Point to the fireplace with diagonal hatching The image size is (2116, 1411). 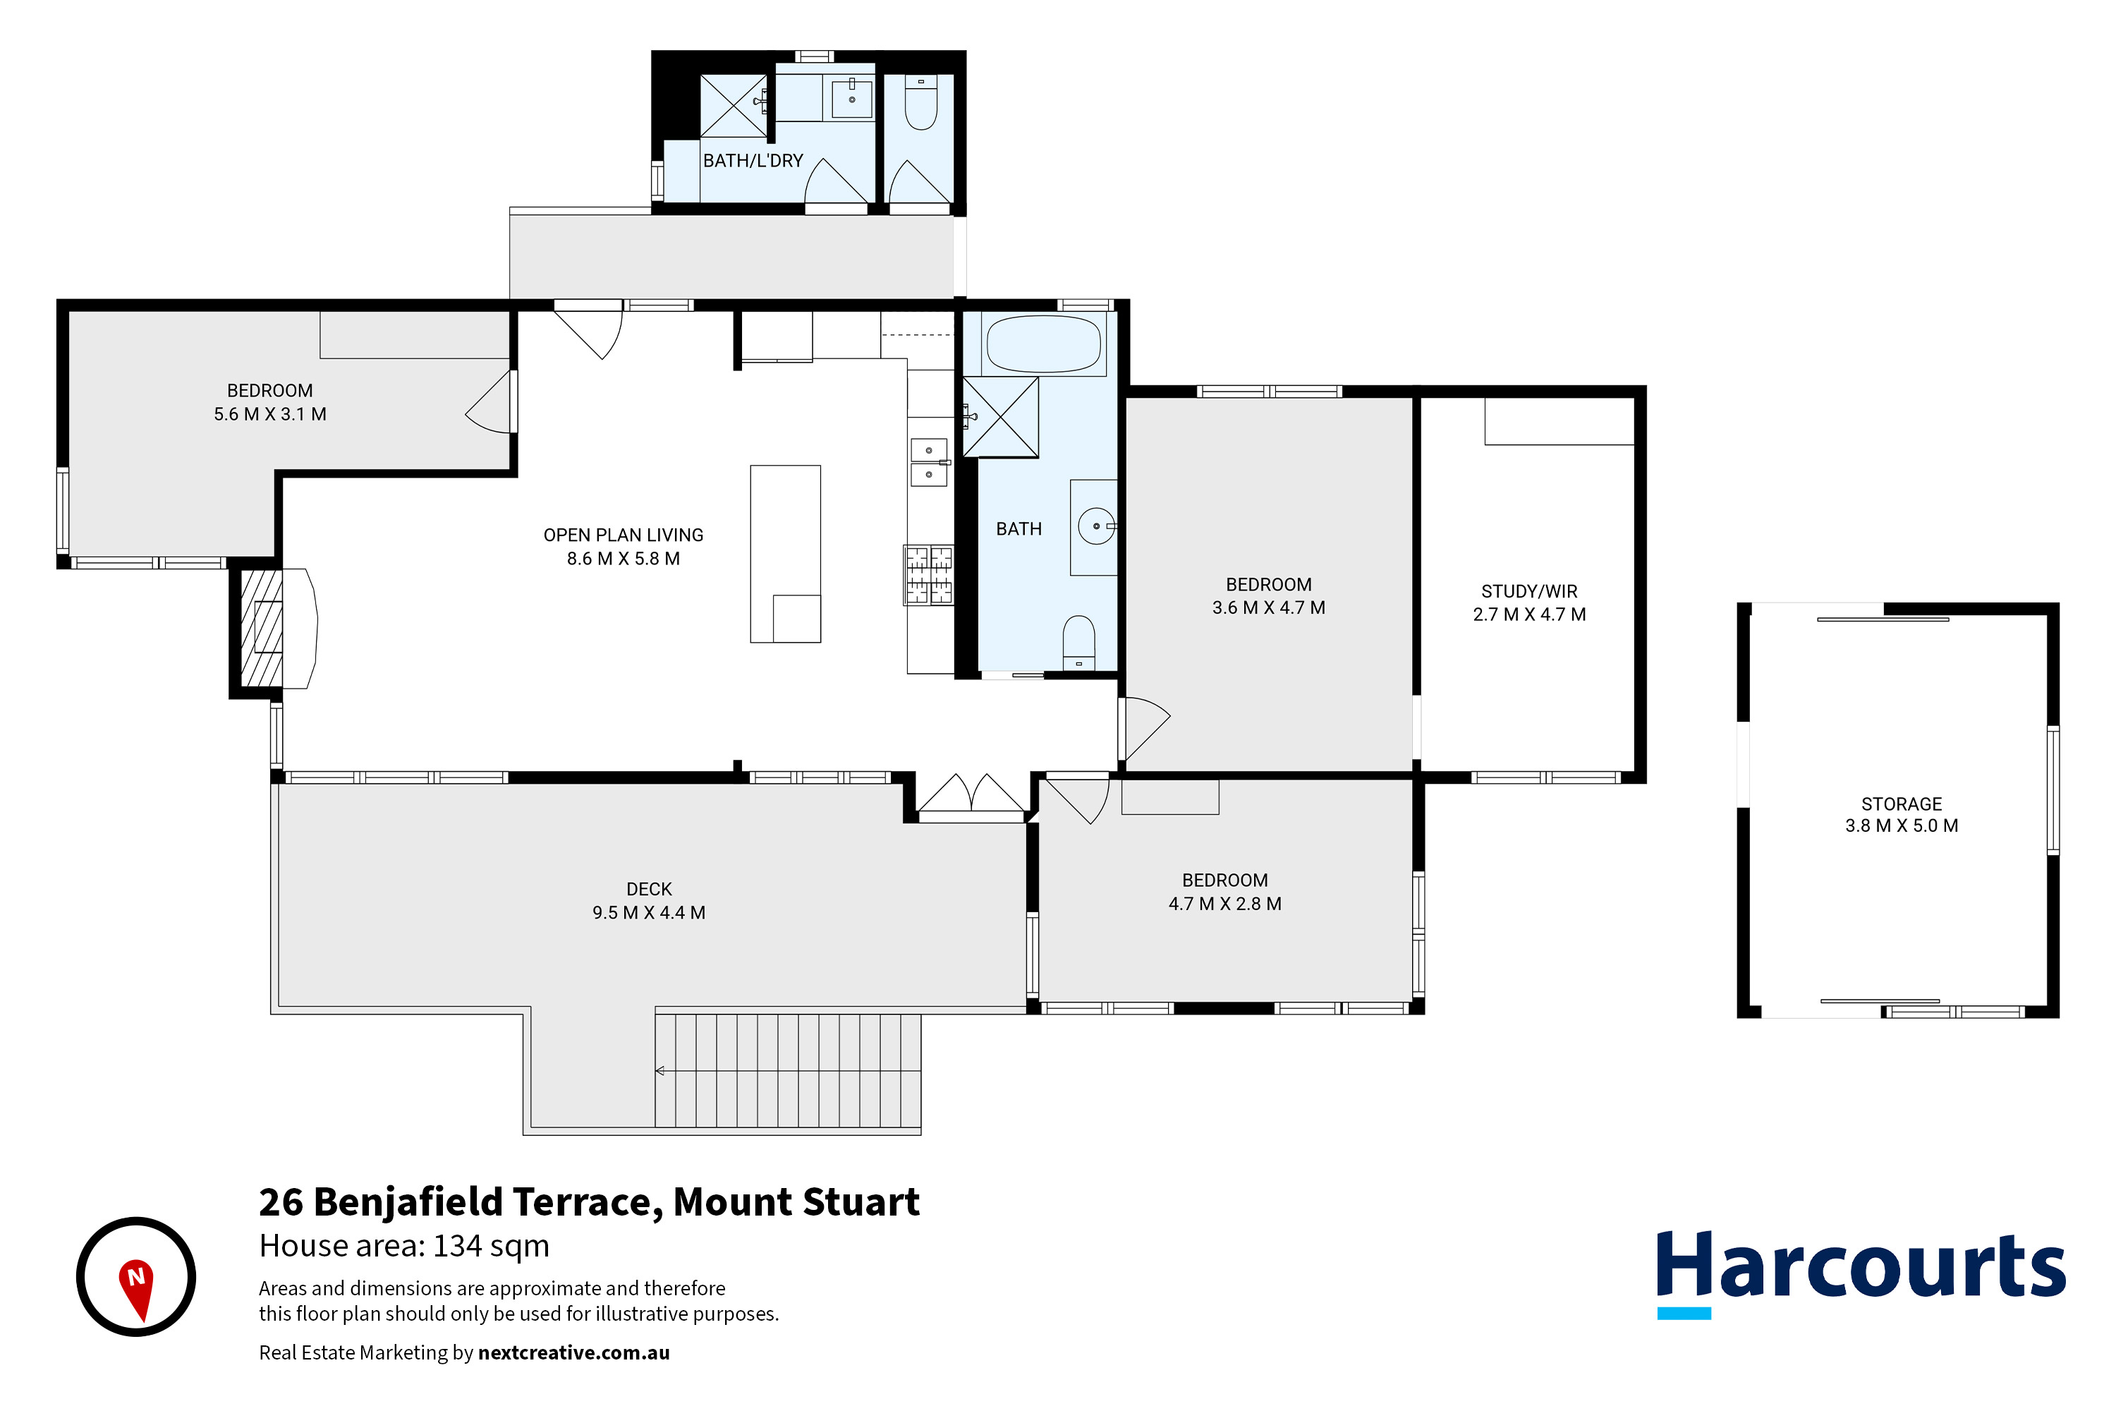pos(262,627)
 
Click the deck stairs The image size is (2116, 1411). pos(787,1070)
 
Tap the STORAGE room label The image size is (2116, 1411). pos(1901,804)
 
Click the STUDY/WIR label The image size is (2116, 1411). pos(1528,591)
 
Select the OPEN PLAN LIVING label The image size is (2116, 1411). pos(623,535)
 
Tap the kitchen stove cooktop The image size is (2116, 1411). pos(928,574)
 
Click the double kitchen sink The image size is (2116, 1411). pos(928,461)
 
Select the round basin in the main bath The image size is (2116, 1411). pos(1096,526)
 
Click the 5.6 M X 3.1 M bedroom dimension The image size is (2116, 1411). pos(270,414)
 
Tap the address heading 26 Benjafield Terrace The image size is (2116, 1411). pos(588,1202)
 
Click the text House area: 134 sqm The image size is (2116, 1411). pos(404,1245)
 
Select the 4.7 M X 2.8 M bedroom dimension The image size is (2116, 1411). pos(1224,904)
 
